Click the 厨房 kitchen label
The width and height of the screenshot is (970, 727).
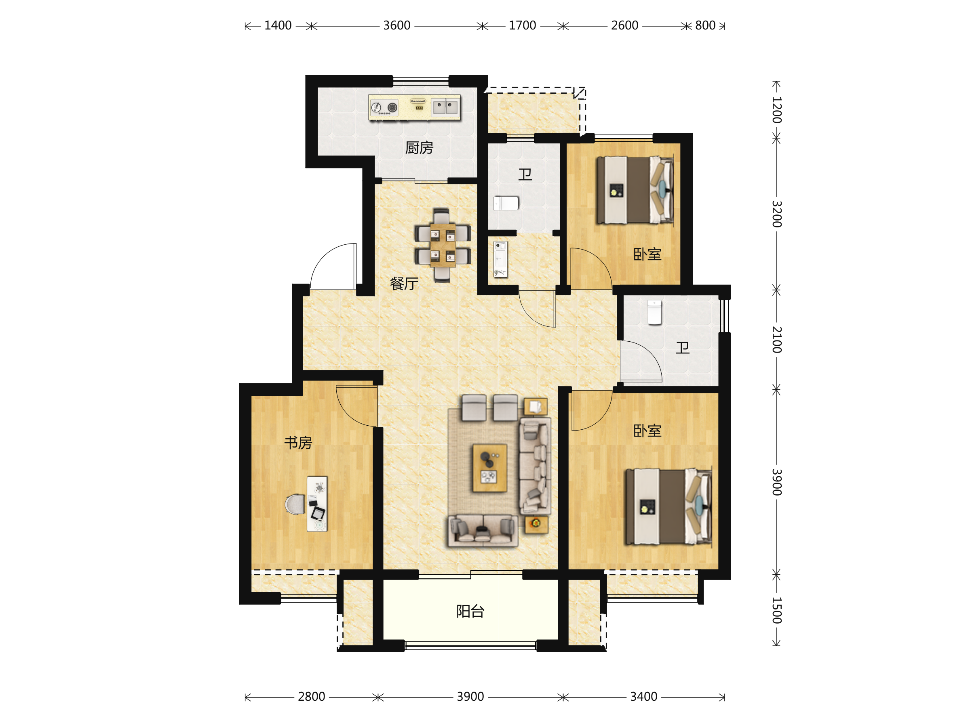(x=419, y=148)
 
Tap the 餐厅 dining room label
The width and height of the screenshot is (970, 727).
(x=404, y=284)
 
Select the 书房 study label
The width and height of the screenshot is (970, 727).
(x=298, y=443)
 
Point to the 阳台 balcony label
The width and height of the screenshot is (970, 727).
(x=470, y=611)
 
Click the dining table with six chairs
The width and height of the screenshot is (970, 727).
(x=443, y=245)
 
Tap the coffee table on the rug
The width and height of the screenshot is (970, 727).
(x=490, y=468)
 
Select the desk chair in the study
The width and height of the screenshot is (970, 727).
(x=295, y=504)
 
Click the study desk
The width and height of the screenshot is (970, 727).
(x=317, y=504)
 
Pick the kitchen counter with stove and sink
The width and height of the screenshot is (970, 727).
(x=414, y=107)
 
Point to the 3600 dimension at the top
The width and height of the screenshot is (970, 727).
(x=397, y=25)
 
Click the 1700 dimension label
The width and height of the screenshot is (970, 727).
(x=522, y=25)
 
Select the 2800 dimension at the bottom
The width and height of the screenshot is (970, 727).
(x=311, y=697)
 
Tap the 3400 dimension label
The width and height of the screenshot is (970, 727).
(x=644, y=697)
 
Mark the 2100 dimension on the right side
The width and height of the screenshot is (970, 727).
(x=777, y=340)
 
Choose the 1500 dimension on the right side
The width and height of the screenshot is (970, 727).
(x=777, y=610)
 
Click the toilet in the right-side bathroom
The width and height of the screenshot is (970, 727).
(x=655, y=313)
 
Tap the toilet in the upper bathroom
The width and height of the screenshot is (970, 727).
(x=506, y=203)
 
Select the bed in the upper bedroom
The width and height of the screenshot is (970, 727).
(x=635, y=190)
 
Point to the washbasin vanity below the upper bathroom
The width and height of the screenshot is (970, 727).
(x=500, y=259)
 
